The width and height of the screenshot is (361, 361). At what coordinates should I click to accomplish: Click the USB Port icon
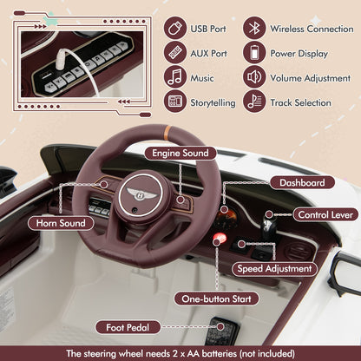(175, 29)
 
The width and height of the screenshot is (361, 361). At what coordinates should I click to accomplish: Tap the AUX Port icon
(175, 53)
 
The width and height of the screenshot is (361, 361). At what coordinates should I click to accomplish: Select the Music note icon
(175, 77)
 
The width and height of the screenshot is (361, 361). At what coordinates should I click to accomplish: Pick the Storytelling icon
(175, 102)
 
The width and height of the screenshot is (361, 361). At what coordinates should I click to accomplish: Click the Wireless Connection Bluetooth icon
(254, 28)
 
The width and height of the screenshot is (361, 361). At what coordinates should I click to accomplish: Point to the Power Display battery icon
(254, 53)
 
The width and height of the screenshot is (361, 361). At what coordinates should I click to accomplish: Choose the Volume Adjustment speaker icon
(254, 77)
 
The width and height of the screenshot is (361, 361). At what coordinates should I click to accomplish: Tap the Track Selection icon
(254, 102)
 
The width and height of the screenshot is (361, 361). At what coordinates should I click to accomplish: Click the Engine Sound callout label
(180, 153)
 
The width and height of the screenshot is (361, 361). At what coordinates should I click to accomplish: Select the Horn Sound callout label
(61, 223)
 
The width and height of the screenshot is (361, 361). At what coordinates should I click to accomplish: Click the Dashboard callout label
(302, 183)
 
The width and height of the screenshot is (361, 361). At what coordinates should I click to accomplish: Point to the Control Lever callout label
(325, 214)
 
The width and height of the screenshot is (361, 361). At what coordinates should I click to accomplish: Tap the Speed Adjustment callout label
(274, 269)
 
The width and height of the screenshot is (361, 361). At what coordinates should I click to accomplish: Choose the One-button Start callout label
(216, 299)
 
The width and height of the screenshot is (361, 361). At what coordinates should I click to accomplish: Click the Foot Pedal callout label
(128, 327)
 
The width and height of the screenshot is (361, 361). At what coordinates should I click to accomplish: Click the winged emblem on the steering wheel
(142, 194)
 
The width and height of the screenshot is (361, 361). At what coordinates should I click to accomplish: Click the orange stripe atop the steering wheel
(167, 130)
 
